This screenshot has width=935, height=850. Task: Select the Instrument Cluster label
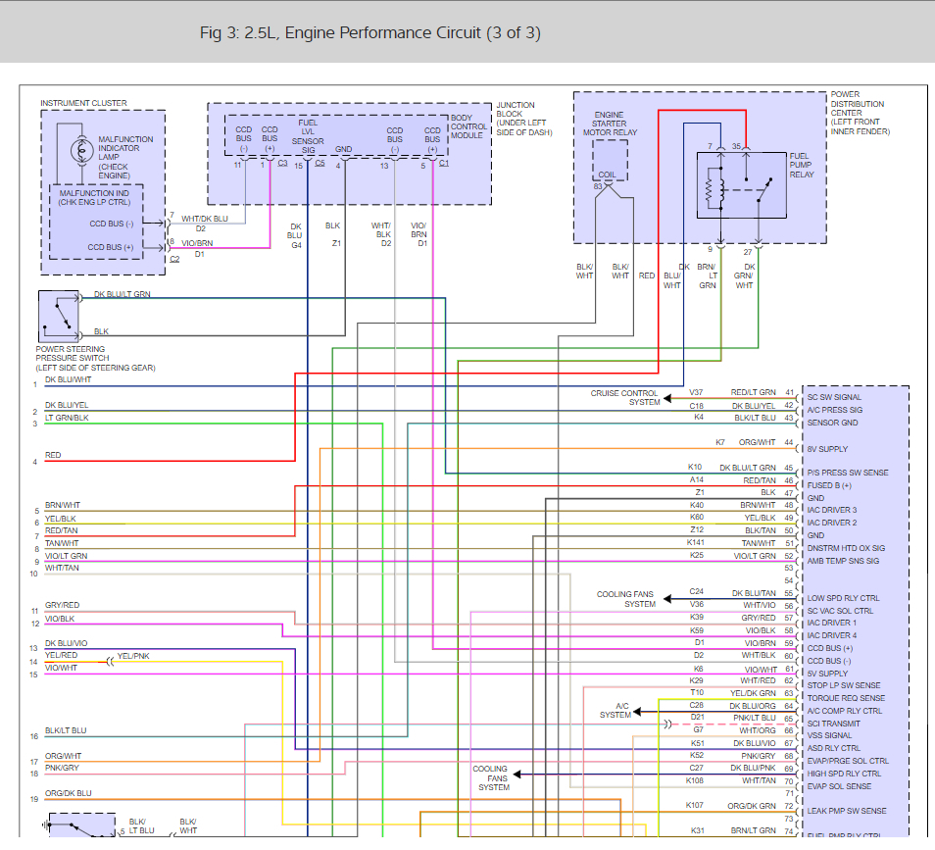(83, 103)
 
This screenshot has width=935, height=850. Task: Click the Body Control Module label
(467, 126)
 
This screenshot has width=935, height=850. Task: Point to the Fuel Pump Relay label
(802, 165)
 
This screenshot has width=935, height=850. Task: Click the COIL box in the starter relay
(609, 162)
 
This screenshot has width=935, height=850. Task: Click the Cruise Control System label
(624, 397)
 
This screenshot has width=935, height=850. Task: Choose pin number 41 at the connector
(789, 393)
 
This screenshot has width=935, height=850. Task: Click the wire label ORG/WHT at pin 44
(757, 442)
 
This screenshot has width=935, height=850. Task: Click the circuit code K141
(696, 542)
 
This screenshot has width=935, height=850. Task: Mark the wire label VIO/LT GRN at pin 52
(753, 556)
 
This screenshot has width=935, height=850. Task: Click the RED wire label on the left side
(53, 455)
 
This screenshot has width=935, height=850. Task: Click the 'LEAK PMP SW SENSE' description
(846, 811)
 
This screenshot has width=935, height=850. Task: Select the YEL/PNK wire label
(133, 656)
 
